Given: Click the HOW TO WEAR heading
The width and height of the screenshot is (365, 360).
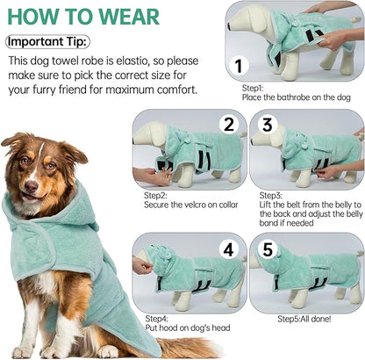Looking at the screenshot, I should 83,16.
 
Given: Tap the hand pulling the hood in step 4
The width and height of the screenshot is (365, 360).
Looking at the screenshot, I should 142,263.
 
